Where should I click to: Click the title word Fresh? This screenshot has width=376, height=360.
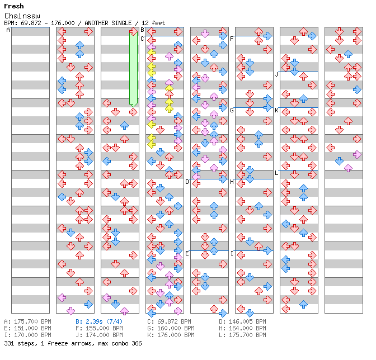pos(14,6)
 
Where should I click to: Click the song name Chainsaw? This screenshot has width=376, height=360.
pos(22,16)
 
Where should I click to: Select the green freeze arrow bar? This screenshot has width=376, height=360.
pos(133,69)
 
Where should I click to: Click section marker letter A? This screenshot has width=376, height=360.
pos(8,30)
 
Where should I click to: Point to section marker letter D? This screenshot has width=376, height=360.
pos(187,182)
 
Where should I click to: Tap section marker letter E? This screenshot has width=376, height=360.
pos(187,253)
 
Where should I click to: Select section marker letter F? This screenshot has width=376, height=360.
pos(232,39)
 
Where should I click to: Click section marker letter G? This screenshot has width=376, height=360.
pos(232,110)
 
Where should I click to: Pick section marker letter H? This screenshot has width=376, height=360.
pos(232,182)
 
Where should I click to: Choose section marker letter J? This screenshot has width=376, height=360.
pos(277,74)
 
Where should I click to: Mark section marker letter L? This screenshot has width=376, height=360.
pos(276,173)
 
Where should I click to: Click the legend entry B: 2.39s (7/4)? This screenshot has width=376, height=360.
pos(99,321)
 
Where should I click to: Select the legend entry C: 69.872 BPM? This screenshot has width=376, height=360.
pos(169,321)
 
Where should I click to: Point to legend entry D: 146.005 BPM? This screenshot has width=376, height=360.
pos(242,321)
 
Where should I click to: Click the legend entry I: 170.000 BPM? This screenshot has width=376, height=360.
pos(27,335)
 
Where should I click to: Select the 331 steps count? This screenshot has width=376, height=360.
pos(20,343)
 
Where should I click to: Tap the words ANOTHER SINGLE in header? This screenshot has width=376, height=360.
pos(108,23)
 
